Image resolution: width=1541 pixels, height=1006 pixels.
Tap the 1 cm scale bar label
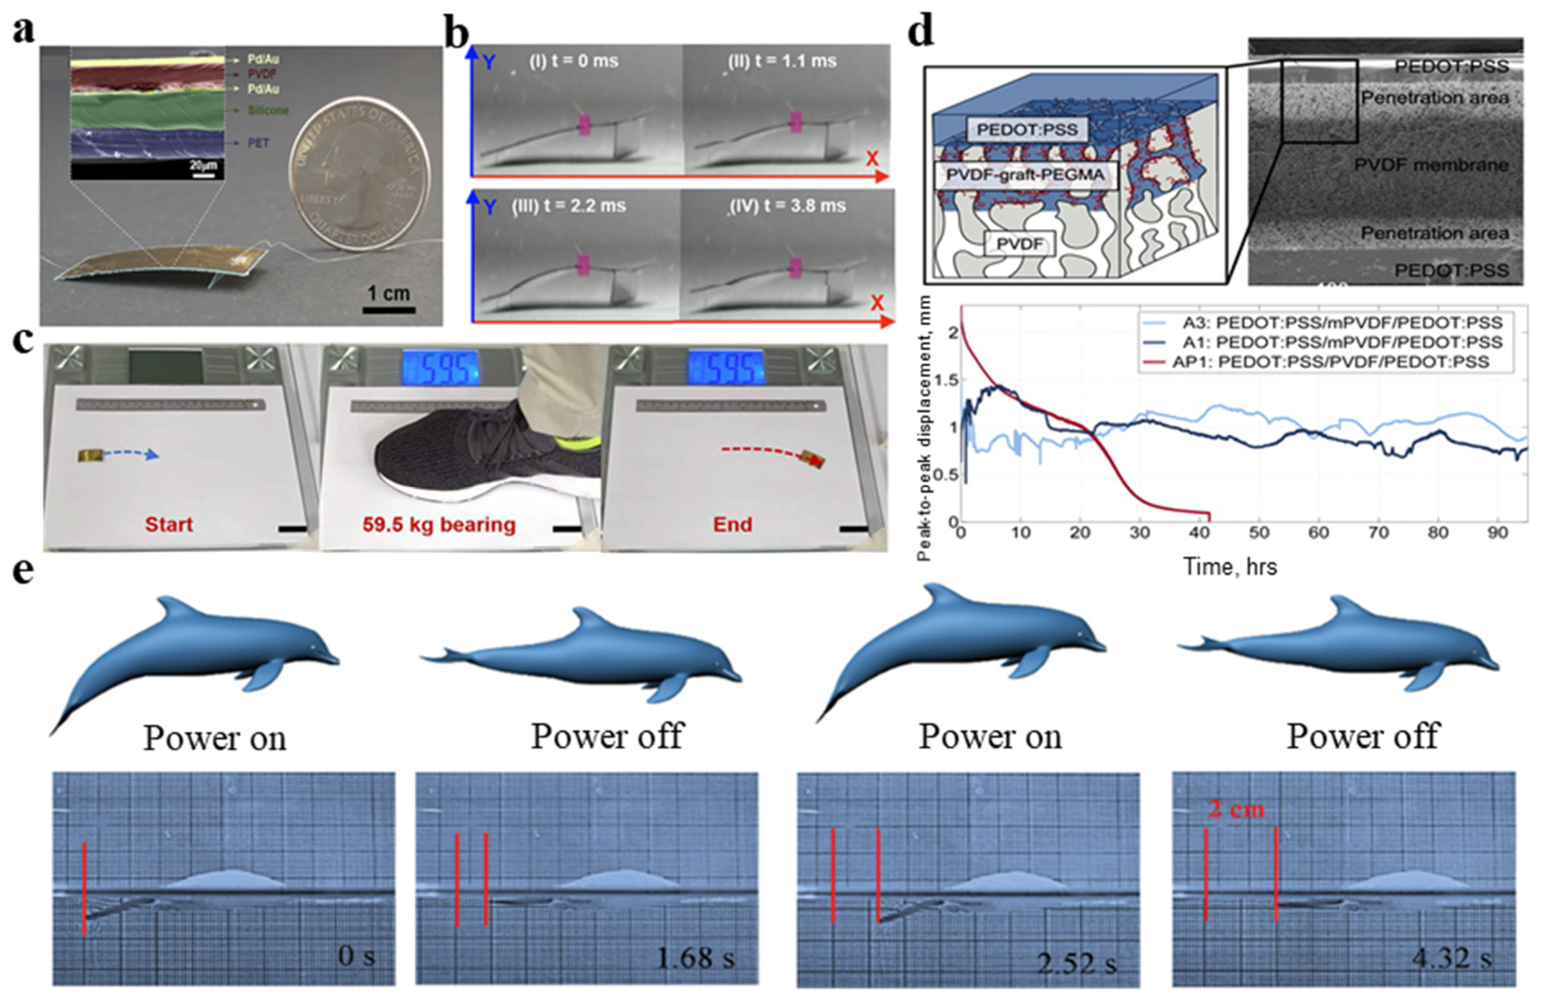click(x=389, y=293)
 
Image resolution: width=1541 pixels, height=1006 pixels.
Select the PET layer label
click(x=258, y=143)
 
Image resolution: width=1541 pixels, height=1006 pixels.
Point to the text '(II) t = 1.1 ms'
click(x=781, y=62)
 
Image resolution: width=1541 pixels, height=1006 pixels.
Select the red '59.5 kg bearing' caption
click(x=439, y=525)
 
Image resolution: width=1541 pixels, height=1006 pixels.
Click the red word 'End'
click(x=732, y=524)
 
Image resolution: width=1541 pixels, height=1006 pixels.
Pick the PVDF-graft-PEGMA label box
click(x=1026, y=175)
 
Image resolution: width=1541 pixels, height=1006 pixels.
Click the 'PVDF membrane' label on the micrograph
click(x=1431, y=165)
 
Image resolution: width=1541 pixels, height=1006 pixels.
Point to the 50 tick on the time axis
click(x=1259, y=533)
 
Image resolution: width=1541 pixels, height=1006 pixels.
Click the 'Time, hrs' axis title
click(x=1230, y=567)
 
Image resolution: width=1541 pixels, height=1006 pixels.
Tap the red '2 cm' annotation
click(x=1236, y=809)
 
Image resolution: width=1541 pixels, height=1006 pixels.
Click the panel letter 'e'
click(x=24, y=571)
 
